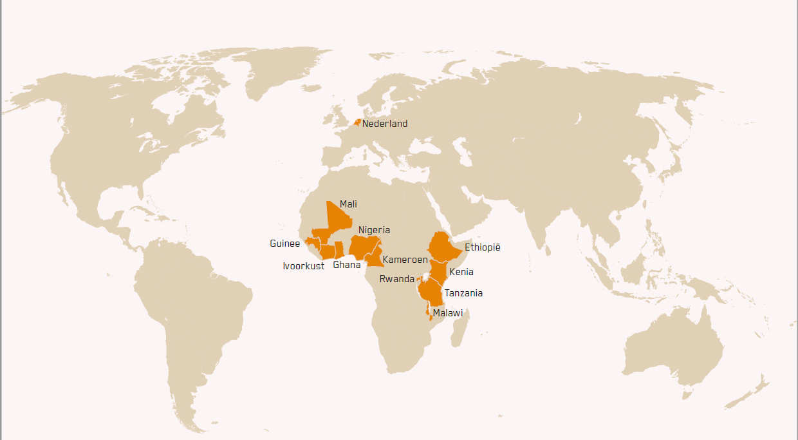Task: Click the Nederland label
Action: click(x=384, y=124)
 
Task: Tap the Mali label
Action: click(x=348, y=204)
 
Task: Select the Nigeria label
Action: click(x=374, y=230)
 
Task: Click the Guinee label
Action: click(x=284, y=244)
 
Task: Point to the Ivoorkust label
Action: click(x=303, y=266)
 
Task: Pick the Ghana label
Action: click(x=346, y=265)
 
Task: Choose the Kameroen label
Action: click(x=405, y=260)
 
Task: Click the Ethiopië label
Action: click(x=482, y=247)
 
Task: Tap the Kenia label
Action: click(x=461, y=272)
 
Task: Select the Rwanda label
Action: click(x=396, y=279)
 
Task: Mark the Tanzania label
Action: click(x=463, y=293)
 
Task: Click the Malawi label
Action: click(x=447, y=313)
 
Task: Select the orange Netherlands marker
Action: click(x=357, y=122)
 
